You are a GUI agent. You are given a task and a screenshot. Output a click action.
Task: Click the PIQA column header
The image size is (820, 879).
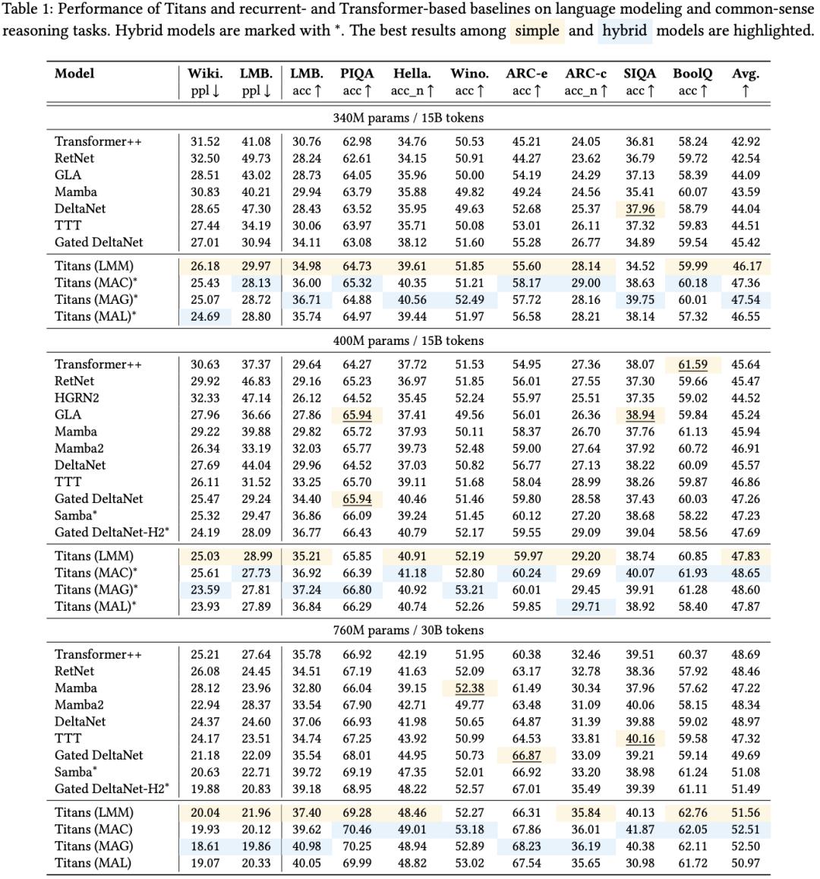[x=357, y=74]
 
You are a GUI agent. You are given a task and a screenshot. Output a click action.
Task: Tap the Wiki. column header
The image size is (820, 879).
[x=205, y=74]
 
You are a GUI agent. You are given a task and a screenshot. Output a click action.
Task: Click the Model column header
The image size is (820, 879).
[x=74, y=74]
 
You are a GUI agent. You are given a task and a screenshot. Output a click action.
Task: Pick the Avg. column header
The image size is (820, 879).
[x=746, y=74]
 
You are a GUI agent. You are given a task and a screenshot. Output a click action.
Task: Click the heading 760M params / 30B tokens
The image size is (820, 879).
[x=408, y=631]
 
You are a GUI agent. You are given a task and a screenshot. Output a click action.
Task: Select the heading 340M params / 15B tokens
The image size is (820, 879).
[x=408, y=118]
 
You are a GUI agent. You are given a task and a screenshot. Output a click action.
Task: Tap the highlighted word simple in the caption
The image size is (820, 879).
[x=538, y=31]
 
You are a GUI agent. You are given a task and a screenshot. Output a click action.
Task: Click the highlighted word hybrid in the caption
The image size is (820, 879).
[x=625, y=31]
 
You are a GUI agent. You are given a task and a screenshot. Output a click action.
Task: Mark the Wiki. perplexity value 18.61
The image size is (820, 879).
[x=204, y=846]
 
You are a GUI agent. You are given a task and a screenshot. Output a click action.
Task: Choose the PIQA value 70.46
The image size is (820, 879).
[x=357, y=830]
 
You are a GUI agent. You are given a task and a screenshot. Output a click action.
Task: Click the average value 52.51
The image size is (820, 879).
[x=746, y=830]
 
